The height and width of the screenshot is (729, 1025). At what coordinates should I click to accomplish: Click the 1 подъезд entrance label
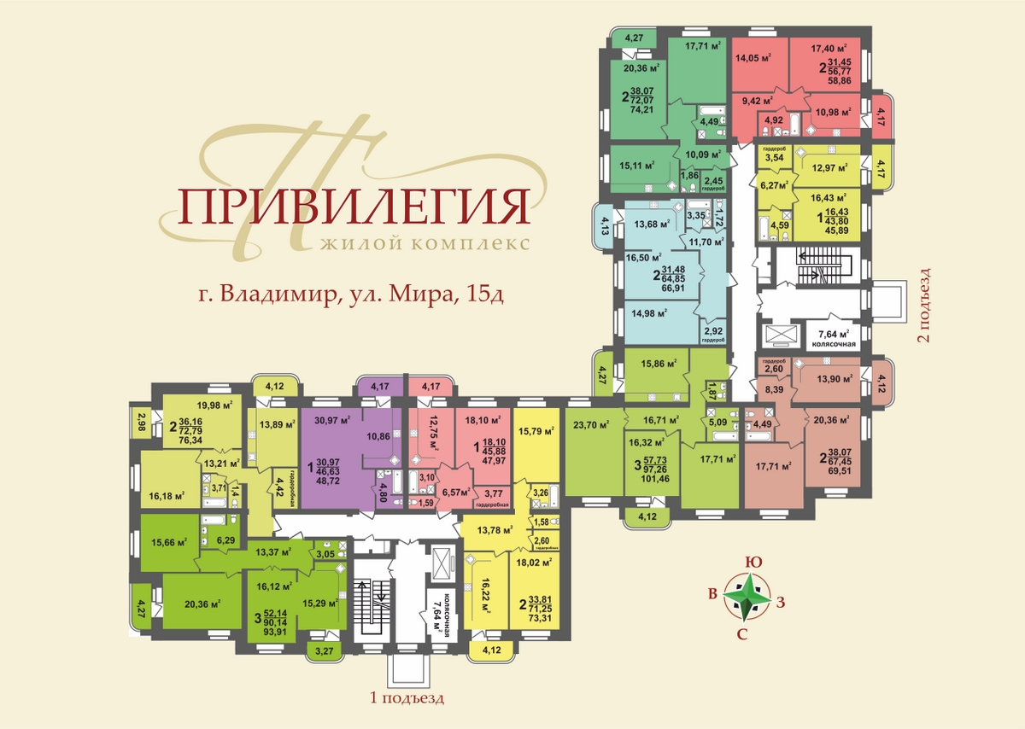point(407,697)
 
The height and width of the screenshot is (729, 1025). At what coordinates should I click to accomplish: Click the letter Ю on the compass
point(750,563)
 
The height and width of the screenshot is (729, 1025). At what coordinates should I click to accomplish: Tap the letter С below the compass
point(742,633)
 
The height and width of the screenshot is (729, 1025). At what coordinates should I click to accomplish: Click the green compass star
point(747,597)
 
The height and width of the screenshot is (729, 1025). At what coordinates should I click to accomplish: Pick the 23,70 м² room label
point(590,423)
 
